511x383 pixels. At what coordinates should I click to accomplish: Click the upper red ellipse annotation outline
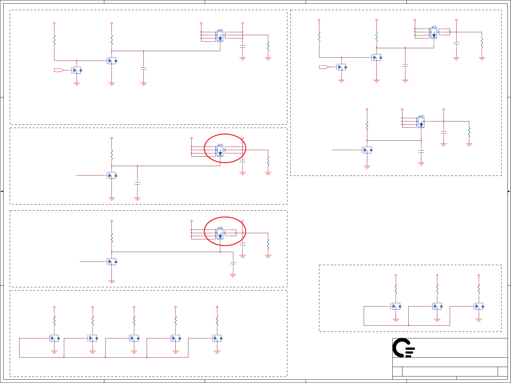(205, 149)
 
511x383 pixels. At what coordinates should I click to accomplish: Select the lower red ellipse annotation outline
(205, 232)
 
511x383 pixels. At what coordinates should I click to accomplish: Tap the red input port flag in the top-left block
(59, 70)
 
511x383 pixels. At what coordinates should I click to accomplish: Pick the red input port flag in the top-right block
(324, 67)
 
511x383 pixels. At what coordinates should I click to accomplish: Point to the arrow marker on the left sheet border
(2, 191)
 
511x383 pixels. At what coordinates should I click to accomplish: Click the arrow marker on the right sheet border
(509, 191)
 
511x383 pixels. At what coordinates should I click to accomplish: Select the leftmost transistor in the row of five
(54, 338)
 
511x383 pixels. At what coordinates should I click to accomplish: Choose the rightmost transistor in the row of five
(217, 338)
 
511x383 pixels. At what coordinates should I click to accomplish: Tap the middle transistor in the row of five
(134, 338)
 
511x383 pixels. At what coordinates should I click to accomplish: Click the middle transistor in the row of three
(437, 306)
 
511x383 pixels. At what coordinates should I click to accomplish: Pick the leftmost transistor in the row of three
(396, 306)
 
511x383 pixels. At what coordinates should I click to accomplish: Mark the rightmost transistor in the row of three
(479, 306)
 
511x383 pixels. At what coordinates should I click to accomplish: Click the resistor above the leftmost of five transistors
(54, 320)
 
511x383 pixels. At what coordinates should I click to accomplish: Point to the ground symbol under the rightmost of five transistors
(217, 352)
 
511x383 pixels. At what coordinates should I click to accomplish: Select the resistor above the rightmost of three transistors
(479, 288)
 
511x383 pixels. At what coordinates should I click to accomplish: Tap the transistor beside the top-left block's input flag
(77, 70)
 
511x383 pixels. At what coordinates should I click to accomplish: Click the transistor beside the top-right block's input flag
(342, 67)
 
